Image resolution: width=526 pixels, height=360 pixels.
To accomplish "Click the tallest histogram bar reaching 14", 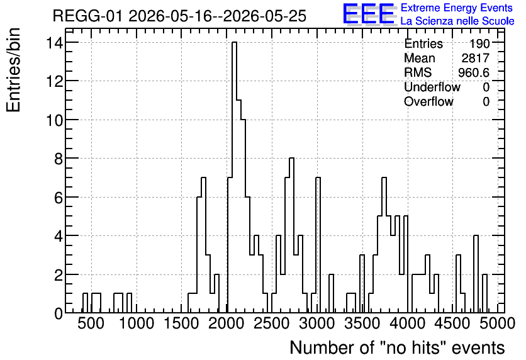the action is (x=235, y=177).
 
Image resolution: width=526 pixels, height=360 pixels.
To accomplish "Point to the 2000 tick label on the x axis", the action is (x=226, y=323).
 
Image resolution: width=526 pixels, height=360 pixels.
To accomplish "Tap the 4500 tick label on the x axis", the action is (x=452, y=323).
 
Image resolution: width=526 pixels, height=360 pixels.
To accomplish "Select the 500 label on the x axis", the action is (x=91, y=323).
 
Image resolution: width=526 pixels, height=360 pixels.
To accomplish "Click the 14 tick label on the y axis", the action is (x=54, y=43).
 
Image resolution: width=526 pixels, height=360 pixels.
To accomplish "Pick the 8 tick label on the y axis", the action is (x=59, y=159).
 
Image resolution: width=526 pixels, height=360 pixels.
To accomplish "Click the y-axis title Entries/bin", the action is (x=13, y=70).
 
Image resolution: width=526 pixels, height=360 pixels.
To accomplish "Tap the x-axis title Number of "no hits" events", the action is (x=397, y=347).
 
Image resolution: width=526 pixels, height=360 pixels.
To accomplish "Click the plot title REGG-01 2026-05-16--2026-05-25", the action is (x=179, y=16).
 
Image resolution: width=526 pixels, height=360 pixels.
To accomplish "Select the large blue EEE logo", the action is (x=369, y=14).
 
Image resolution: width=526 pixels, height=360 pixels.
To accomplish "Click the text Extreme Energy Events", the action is (x=457, y=8).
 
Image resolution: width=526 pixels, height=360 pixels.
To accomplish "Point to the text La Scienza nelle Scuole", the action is (x=457, y=21).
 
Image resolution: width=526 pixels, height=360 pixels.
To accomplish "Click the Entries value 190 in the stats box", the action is (x=479, y=43).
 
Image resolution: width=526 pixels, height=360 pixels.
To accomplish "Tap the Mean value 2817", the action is (x=476, y=58).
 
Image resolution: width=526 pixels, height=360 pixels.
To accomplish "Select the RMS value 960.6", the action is (x=474, y=72).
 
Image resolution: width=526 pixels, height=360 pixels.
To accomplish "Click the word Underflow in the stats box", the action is (x=432, y=87).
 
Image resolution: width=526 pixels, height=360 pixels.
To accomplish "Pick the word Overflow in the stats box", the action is (x=428, y=101).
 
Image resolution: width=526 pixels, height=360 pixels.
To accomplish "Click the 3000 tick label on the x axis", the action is (x=316, y=323).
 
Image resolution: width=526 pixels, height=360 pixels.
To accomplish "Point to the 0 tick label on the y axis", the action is (x=59, y=313).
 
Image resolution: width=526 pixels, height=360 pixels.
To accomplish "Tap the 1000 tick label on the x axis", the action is (x=136, y=323).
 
